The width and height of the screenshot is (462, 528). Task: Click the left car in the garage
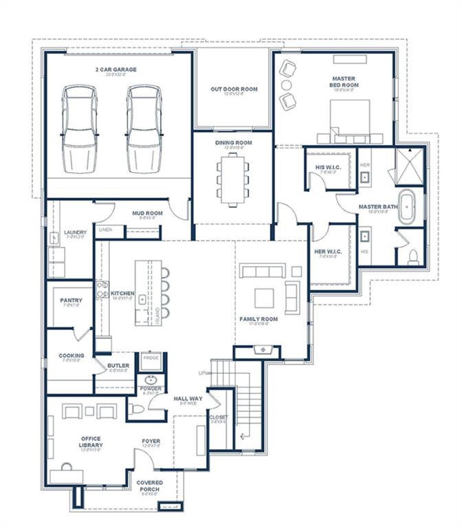(x=79, y=129)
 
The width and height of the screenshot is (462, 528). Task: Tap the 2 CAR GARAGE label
(x=116, y=69)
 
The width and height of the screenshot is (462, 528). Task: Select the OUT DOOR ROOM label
(x=234, y=89)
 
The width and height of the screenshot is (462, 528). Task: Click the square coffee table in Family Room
(x=265, y=298)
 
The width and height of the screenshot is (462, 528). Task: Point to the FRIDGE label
(x=150, y=357)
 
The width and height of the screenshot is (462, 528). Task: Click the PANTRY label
(x=71, y=300)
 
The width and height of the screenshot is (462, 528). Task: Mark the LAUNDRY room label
(x=75, y=232)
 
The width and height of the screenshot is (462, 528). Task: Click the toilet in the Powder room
(x=137, y=410)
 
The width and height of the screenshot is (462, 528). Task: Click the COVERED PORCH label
(x=149, y=486)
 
